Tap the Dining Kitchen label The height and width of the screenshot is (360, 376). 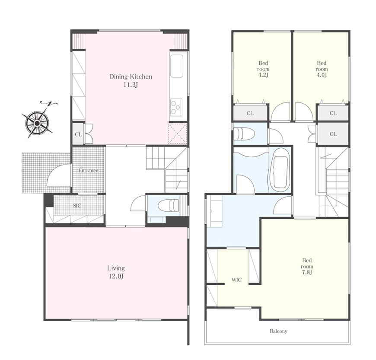click(131, 77)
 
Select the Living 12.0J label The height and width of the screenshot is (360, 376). click(116, 272)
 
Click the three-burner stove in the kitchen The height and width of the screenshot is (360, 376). click(176, 107)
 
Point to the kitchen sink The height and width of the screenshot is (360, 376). click(177, 66)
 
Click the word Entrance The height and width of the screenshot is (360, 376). click(89, 171)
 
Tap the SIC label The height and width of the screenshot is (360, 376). click(77, 206)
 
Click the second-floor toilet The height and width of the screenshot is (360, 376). click(244, 134)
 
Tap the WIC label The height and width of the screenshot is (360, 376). click(236, 280)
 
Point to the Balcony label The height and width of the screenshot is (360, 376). click(278, 331)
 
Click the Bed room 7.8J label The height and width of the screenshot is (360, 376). click(307, 266)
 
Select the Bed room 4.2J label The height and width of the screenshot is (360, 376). click(263, 69)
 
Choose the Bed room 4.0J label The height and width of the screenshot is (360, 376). click(322, 69)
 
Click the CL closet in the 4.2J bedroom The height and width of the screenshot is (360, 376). click(250, 113)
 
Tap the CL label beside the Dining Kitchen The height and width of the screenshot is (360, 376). click(78, 134)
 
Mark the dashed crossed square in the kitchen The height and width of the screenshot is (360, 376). click(178, 134)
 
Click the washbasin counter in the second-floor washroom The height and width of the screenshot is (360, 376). click(215, 211)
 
